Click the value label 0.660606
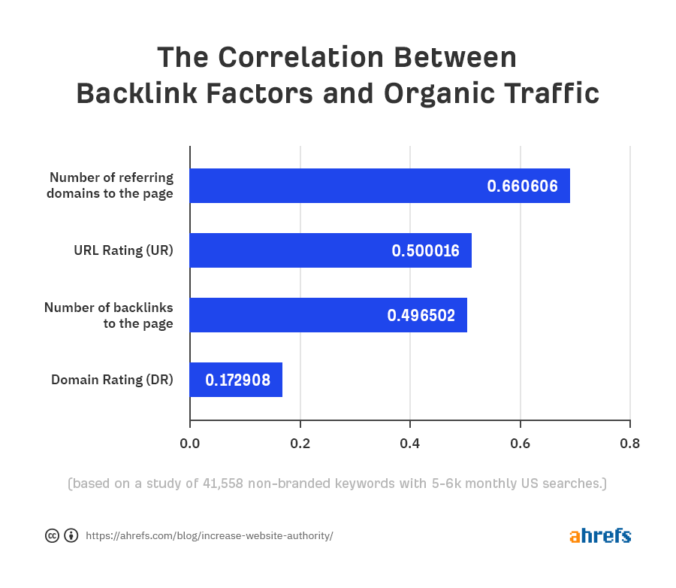pos(522,186)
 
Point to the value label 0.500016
pos(425,251)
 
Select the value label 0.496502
pos(421,316)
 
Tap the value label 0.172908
pos(237,380)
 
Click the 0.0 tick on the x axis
pos(190,443)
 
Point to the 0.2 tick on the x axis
pos(300,443)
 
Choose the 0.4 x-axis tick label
pos(409,443)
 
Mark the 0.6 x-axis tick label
pos(520,443)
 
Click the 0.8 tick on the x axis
pos(629,443)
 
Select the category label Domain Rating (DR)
pos(112,380)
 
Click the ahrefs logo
pos(599,535)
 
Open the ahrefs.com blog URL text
pos(209,536)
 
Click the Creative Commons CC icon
pos(52,536)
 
